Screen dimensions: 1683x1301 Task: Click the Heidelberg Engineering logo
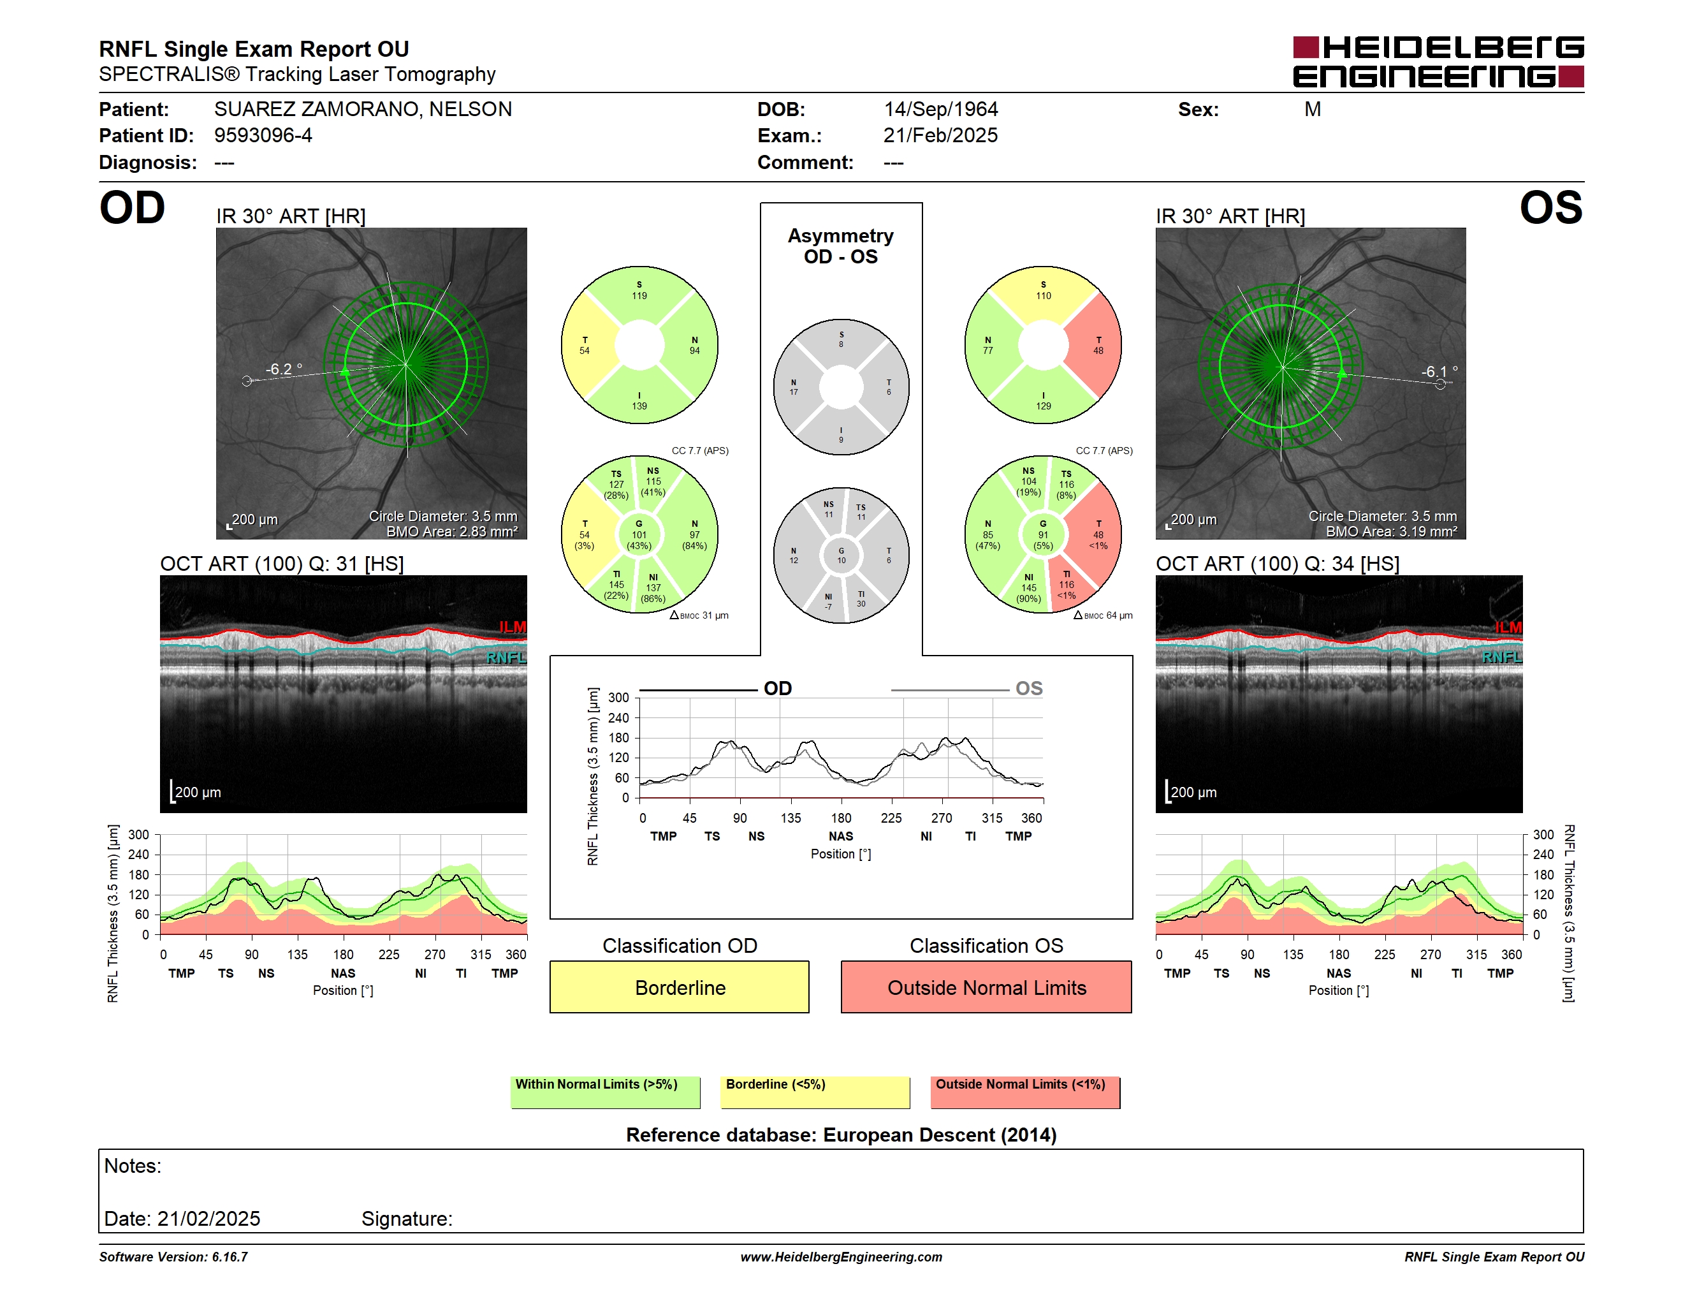point(1438,62)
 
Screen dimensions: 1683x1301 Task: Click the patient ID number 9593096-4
point(263,136)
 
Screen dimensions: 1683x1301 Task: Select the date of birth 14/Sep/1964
point(940,110)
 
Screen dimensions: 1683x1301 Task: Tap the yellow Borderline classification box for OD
point(679,987)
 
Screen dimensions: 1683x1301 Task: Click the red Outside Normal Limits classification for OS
point(986,987)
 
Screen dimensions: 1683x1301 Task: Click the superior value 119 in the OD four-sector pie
point(639,295)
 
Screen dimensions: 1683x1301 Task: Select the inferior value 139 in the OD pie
point(639,406)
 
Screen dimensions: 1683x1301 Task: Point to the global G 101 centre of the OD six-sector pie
point(639,534)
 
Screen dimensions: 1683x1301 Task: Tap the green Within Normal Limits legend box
point(605,1092)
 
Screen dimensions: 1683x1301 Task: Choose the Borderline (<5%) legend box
point(815,1092)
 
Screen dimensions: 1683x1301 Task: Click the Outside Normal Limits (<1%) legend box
point(1025,1092)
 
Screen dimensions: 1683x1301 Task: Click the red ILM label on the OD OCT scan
point(513,627)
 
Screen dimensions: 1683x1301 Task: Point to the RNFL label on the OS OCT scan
point(1502,657)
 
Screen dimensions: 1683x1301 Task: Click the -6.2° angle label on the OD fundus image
point(284,369)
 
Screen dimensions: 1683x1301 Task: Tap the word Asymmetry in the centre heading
point(841,236)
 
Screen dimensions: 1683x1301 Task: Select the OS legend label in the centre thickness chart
point(1029,688)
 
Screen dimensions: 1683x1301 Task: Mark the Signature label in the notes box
point(407,1219)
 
